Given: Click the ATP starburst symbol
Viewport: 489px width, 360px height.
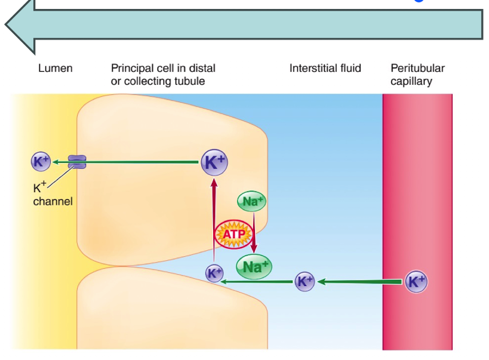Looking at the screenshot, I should [x=231, y=234].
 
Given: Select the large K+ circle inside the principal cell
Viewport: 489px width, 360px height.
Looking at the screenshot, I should [x=214, y=162].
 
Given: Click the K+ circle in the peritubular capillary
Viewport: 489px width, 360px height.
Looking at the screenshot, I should [x=416, y=281].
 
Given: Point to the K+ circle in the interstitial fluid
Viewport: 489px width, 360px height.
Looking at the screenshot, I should [x=305, y=281].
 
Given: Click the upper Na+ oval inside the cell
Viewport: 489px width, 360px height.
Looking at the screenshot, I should [x=251, y=201].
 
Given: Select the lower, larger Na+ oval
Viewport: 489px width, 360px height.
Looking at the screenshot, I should [x=254, y=267].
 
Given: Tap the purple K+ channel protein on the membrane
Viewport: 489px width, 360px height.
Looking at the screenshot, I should [x=77, y=161].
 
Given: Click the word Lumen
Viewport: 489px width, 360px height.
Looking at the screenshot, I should [x=55, y=68].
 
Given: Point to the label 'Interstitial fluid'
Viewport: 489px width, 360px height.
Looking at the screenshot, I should [x=325, y=68].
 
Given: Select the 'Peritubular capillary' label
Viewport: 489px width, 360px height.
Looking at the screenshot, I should [x=417, y=75].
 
